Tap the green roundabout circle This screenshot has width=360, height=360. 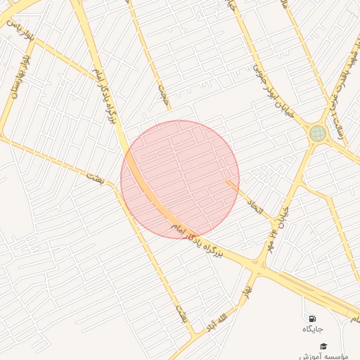(317, 133)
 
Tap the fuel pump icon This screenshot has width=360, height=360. (312, 319)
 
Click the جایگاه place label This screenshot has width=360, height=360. (312, 329)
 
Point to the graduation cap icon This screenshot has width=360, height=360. (323, 346)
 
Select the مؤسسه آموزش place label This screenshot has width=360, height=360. (323, 356)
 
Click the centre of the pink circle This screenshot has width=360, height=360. (180, 179)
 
